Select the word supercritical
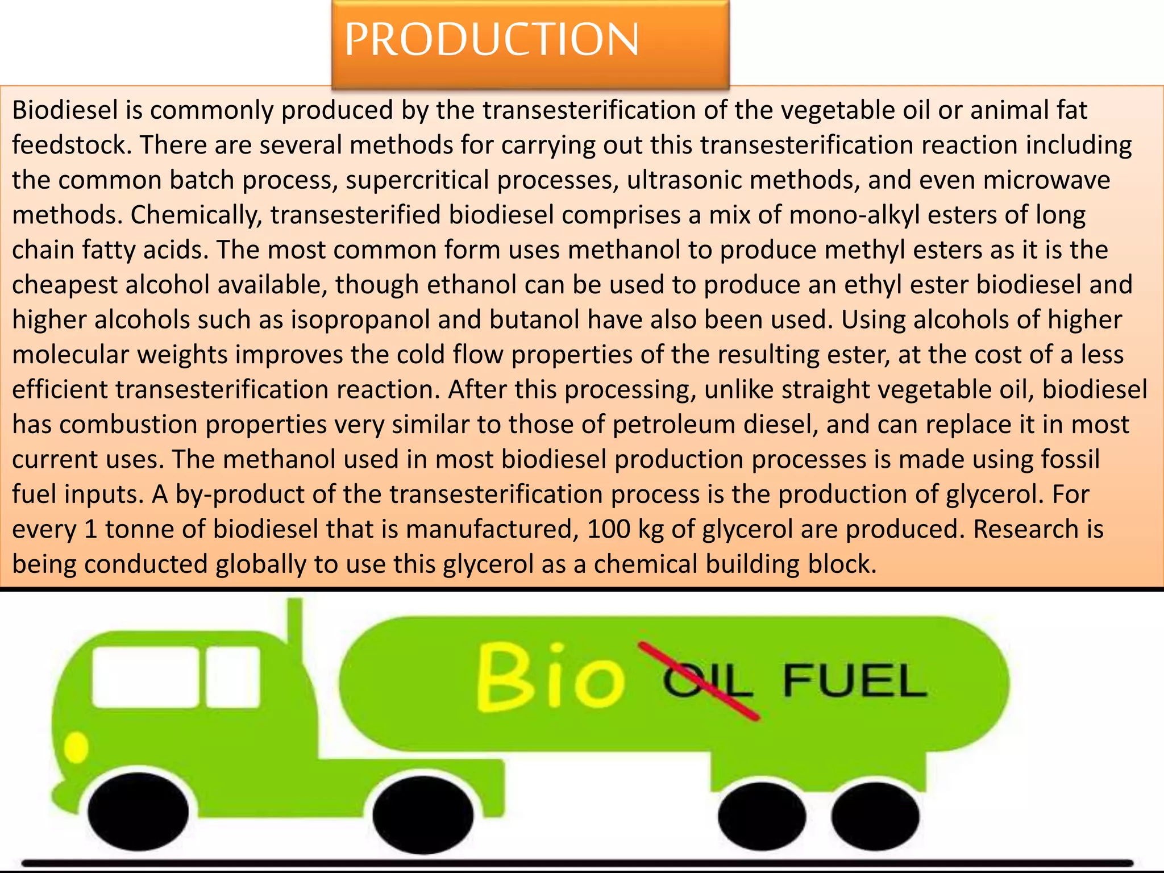(418, 180)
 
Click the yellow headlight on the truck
(76, 747)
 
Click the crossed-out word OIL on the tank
(708, 680)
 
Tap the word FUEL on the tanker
(854, 680)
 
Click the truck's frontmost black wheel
(138, 812)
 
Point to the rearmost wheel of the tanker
(875, 816)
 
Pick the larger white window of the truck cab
(146, 677)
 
